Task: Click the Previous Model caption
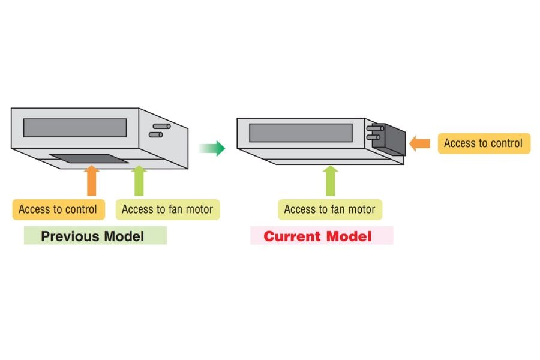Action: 93,236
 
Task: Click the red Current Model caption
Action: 318,236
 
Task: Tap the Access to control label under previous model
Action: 58,209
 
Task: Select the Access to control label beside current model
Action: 483,143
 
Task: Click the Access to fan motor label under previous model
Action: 167,209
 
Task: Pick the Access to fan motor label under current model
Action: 329,209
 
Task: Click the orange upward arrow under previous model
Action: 91,180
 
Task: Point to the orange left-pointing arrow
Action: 421,143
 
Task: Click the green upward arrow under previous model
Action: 139,180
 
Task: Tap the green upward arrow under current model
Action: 330,180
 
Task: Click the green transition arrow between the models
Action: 212,148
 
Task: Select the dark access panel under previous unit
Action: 89,158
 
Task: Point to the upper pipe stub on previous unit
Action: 161,127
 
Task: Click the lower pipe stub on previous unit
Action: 156,135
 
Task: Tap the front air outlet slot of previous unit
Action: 75,128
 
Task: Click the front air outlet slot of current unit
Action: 301,133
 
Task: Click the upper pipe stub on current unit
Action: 376,127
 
